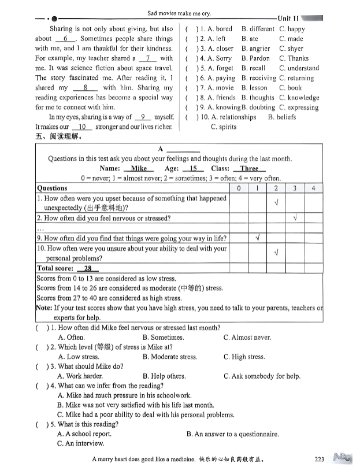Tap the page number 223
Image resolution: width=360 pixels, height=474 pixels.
point(320,460)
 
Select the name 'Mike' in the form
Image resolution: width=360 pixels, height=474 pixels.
point(139,168)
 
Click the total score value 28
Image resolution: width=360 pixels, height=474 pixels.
point(88,268)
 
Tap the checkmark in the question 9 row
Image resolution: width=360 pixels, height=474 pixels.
point(257,238)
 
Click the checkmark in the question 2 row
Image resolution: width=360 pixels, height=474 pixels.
point(295,218)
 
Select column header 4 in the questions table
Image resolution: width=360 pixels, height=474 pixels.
point(313,188)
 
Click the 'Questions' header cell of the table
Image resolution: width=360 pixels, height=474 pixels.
point(52,188)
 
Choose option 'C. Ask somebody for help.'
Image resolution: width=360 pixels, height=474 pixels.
point(262,376)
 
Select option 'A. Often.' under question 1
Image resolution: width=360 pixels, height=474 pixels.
point(72,337)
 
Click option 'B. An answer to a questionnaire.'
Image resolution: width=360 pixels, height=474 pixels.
point(233,434)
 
